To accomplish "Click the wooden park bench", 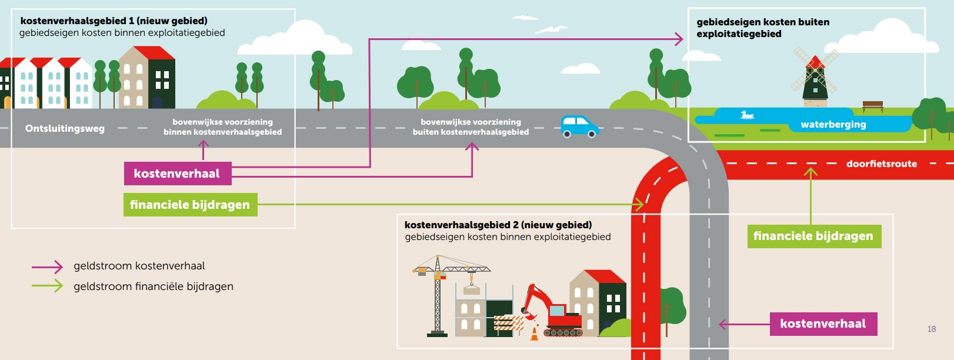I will tap(873, 106).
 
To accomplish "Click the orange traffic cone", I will tap(534, 334).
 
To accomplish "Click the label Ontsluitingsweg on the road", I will tap(65, 128).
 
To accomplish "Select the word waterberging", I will tap(833, 125).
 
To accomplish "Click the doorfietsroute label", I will tap(881, 164).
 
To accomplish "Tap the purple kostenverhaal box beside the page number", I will tap(823, 324).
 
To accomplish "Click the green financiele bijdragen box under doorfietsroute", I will tap(814, 236).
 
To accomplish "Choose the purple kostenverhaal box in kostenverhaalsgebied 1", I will tap(177, 174).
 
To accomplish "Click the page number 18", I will tap(931, 329).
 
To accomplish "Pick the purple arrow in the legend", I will tap(48, 266).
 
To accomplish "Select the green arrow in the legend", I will tap(48, 286).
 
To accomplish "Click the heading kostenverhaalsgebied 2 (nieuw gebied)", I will tap(498, 225).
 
